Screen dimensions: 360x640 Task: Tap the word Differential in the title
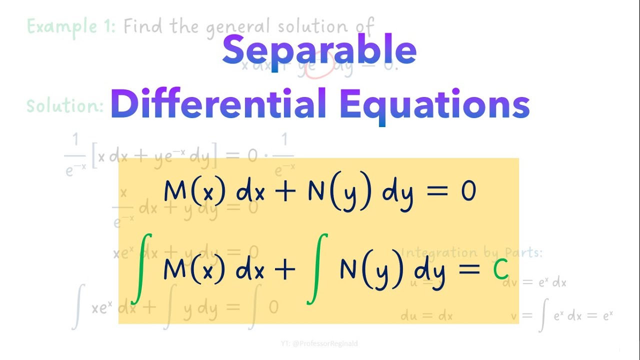coord(218,104)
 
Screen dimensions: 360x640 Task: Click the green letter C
coord(500,271)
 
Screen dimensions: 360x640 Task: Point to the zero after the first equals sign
coord(468,191)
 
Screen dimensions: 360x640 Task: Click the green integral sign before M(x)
coord(141,270)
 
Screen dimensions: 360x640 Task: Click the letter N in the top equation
coord(316,191)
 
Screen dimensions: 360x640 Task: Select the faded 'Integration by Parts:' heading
coord(471,252)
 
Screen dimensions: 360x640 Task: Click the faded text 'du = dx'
coord(426,316)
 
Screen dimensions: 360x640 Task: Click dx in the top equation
coord(250,191)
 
